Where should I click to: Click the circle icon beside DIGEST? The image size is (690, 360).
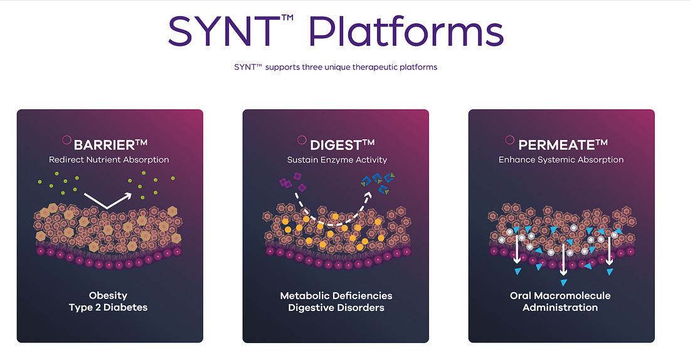302,140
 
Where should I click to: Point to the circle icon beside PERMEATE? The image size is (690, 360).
509,140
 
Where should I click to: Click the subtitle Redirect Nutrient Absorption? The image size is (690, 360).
109,160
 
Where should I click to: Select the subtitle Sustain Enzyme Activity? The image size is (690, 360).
337,160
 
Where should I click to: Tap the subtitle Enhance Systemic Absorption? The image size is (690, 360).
561,160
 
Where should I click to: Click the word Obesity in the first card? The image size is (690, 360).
109,295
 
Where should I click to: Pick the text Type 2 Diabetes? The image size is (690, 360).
109,307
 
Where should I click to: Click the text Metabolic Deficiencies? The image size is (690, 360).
336,295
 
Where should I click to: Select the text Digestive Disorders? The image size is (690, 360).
336,307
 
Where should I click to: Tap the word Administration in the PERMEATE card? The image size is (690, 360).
560,307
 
